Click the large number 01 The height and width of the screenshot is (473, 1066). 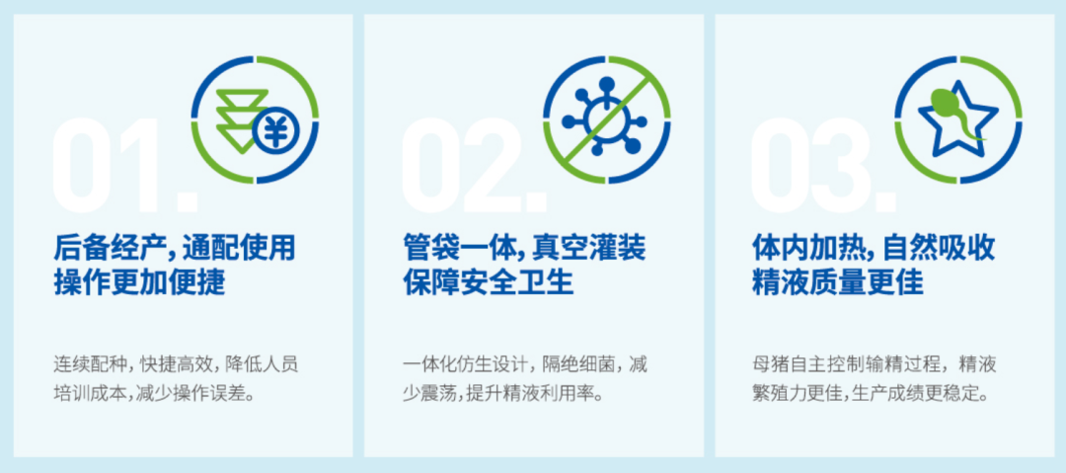coord(124,165)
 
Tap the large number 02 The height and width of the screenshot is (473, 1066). coord(475,165)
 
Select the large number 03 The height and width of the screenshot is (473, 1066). coord(824,165)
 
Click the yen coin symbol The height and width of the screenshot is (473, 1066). coord(275,129)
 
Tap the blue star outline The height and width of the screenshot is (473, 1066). coord(957,118)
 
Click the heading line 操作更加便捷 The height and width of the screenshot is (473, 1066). coord(139,282)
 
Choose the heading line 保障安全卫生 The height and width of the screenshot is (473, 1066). coord(489,282)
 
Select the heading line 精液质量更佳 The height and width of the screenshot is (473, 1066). coord(838,282)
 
